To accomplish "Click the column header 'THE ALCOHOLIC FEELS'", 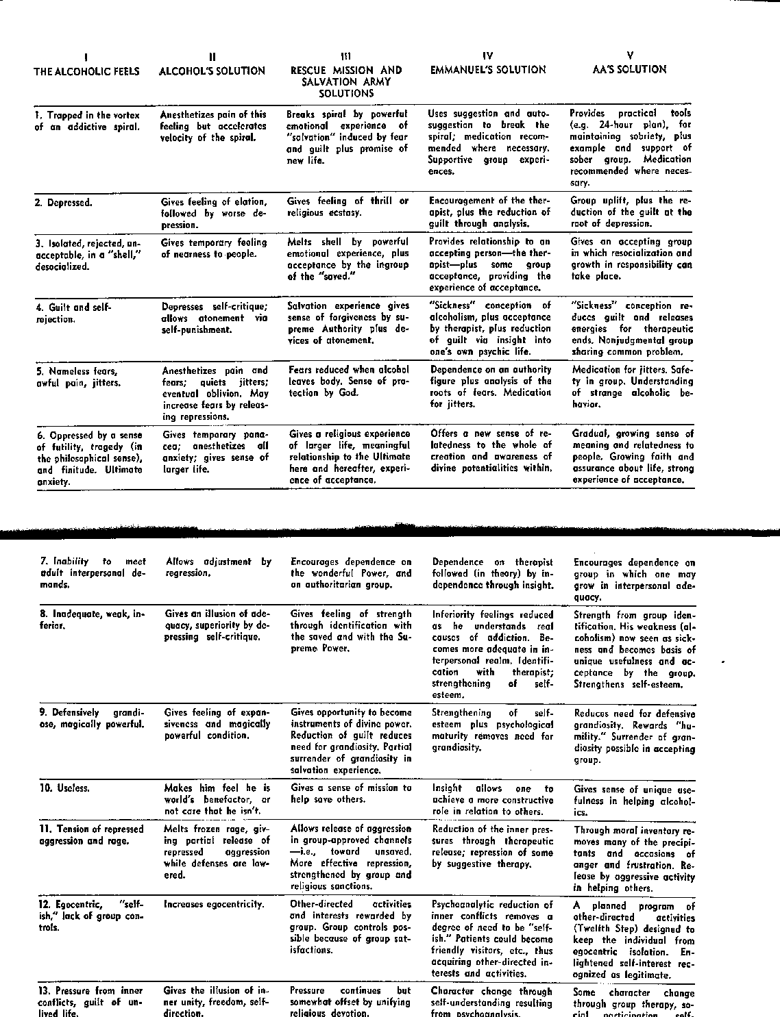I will pyautogui.click(x=86, y=71).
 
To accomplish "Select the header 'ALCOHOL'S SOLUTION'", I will pyautogui.click(x=212, y=71).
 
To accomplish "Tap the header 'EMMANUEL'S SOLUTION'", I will pyautogui.click(x=488, y=70).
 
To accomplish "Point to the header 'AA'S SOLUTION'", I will pyautogui.click(x=629, y=69).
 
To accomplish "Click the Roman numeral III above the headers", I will pyautogui.click(x=345, y=55).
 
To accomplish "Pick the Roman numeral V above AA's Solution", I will pyautogui.click(x=629, y=55).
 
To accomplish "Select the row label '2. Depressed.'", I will pyautogui.click(x=64, y=203).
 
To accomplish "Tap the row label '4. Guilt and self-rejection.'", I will pyautogui.click(x=73, y=313).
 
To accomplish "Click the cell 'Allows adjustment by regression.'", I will pyautogui.click(x=219, y=568).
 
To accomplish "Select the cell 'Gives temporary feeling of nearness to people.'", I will pyautogui.click(x=214, y=248).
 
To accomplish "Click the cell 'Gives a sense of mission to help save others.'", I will pyautogui.click(x=351, y=794).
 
